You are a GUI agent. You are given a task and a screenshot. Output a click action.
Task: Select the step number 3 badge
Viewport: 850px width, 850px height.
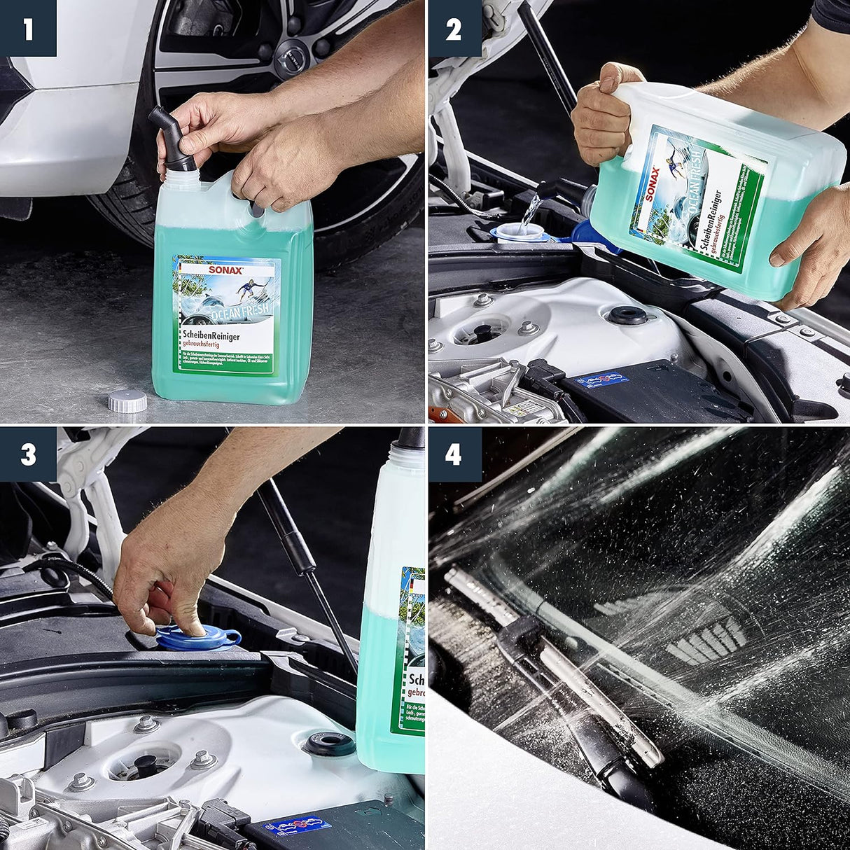[x=28, y=455]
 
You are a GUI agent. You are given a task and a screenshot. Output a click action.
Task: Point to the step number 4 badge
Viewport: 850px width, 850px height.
[x=453, y=455]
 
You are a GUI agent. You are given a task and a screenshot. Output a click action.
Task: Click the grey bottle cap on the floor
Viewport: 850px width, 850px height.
[x=127, y=401]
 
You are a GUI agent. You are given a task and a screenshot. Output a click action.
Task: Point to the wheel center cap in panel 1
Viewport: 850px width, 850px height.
[x=288, y=49]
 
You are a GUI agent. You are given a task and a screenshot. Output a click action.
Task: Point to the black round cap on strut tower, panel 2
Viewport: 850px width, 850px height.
[x=627, y=315]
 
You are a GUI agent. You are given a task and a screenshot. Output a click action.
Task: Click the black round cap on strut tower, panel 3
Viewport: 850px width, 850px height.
[x=330, y=744]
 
